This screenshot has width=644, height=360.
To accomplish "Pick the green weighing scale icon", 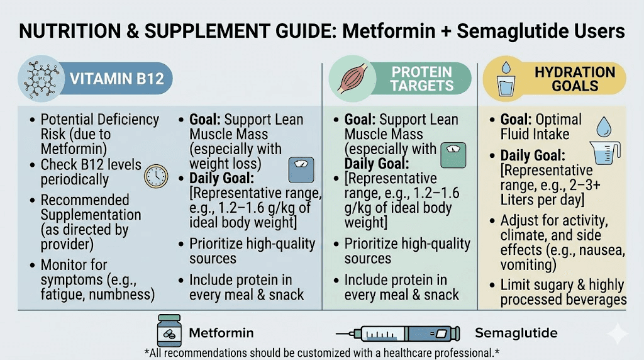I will (x=454, y=155).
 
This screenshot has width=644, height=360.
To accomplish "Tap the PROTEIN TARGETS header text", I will (x=421, y=78).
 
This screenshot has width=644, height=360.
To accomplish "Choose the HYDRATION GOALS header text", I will (x=575, y=78).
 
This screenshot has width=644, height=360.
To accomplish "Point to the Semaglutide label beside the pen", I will (x=516, y=333).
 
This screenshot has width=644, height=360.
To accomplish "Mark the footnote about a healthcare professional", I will (x=321, y=352).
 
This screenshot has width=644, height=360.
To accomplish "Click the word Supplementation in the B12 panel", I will (x=91, y=214).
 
